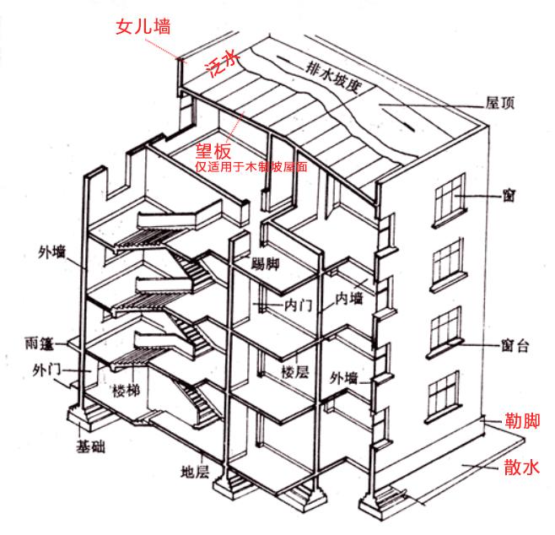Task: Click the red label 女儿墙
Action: tap(143, 27)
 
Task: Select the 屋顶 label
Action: tap(501, 103)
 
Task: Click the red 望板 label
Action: tap(213, 151)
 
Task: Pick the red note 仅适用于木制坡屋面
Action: tap(251, 167)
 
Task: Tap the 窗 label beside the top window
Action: tap(509, 197)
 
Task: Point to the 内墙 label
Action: tap(349, 299)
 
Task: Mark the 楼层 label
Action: tap(296, 371)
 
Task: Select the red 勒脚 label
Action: tap(518, 420)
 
